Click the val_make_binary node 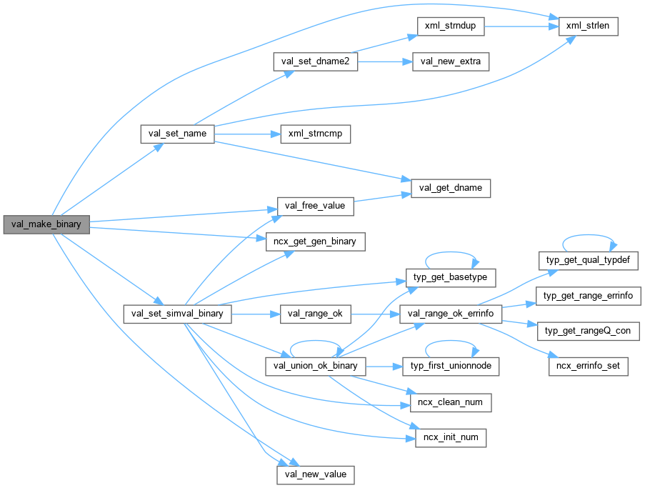point(46,224)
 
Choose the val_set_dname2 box point(315,61)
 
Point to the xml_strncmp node point(315,134)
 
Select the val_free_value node point(315,206)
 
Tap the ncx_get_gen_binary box point(315,242)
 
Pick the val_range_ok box point(315,313)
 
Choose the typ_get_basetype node point(451,277)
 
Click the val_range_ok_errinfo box point(451,313)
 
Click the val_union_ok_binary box point(315,367)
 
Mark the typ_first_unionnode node point(451,367)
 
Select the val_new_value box point(315,474)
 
